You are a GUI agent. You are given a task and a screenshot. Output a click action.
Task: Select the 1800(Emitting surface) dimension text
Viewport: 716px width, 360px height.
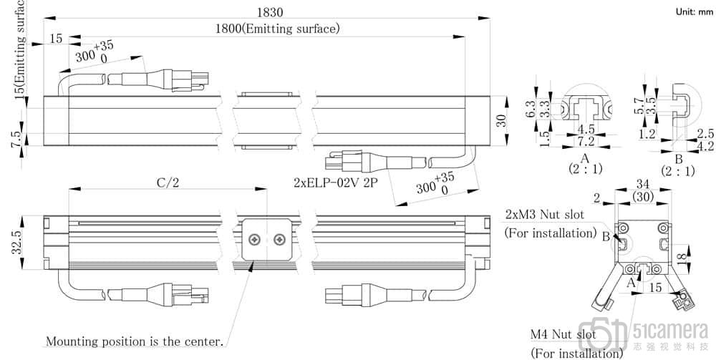278,29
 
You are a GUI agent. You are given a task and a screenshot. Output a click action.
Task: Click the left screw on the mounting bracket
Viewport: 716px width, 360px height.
254,238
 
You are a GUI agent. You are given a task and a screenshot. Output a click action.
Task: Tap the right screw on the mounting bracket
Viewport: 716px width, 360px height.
279,238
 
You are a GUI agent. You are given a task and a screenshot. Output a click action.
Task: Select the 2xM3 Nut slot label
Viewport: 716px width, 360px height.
544,214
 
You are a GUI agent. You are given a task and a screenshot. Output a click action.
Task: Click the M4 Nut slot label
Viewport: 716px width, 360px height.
563,334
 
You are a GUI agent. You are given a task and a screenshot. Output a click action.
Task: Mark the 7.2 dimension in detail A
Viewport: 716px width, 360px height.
586,142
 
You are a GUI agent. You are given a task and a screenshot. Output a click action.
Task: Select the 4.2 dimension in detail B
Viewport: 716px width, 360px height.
705,145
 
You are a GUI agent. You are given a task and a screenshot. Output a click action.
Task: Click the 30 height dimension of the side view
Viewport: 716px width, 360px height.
502,121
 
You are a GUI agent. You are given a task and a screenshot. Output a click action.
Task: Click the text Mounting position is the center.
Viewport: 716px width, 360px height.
135,341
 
